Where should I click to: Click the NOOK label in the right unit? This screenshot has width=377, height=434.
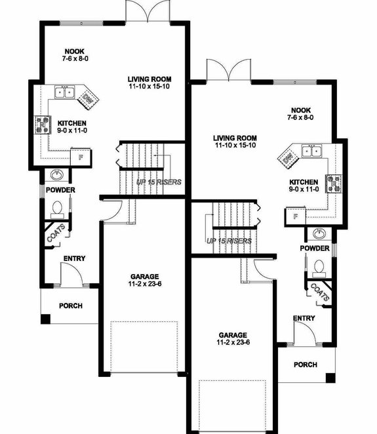[x=301, y=110]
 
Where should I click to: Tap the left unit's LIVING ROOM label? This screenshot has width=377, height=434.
[x=149, y=79]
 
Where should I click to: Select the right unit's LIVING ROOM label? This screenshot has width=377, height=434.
[x=234, y=138]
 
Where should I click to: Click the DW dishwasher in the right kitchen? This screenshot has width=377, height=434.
[x=288, y=157]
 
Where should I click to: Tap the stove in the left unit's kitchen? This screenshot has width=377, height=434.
[x=41, y=122]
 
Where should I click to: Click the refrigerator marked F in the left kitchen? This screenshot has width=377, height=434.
[x=79, y=157]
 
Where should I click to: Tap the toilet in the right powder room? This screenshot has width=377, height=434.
[x=319, y=267]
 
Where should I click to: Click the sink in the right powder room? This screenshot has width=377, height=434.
[x=319, y=234]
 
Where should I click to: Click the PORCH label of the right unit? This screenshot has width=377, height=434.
[x=305, y=365]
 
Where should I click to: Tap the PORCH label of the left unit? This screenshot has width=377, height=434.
[x=70, y=306]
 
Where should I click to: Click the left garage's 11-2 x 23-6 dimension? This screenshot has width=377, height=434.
[x=144, y=285]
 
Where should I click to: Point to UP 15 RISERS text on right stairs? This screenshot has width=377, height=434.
[x=229, y=241]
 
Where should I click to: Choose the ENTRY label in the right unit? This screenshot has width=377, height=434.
[x=304, y=318]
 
